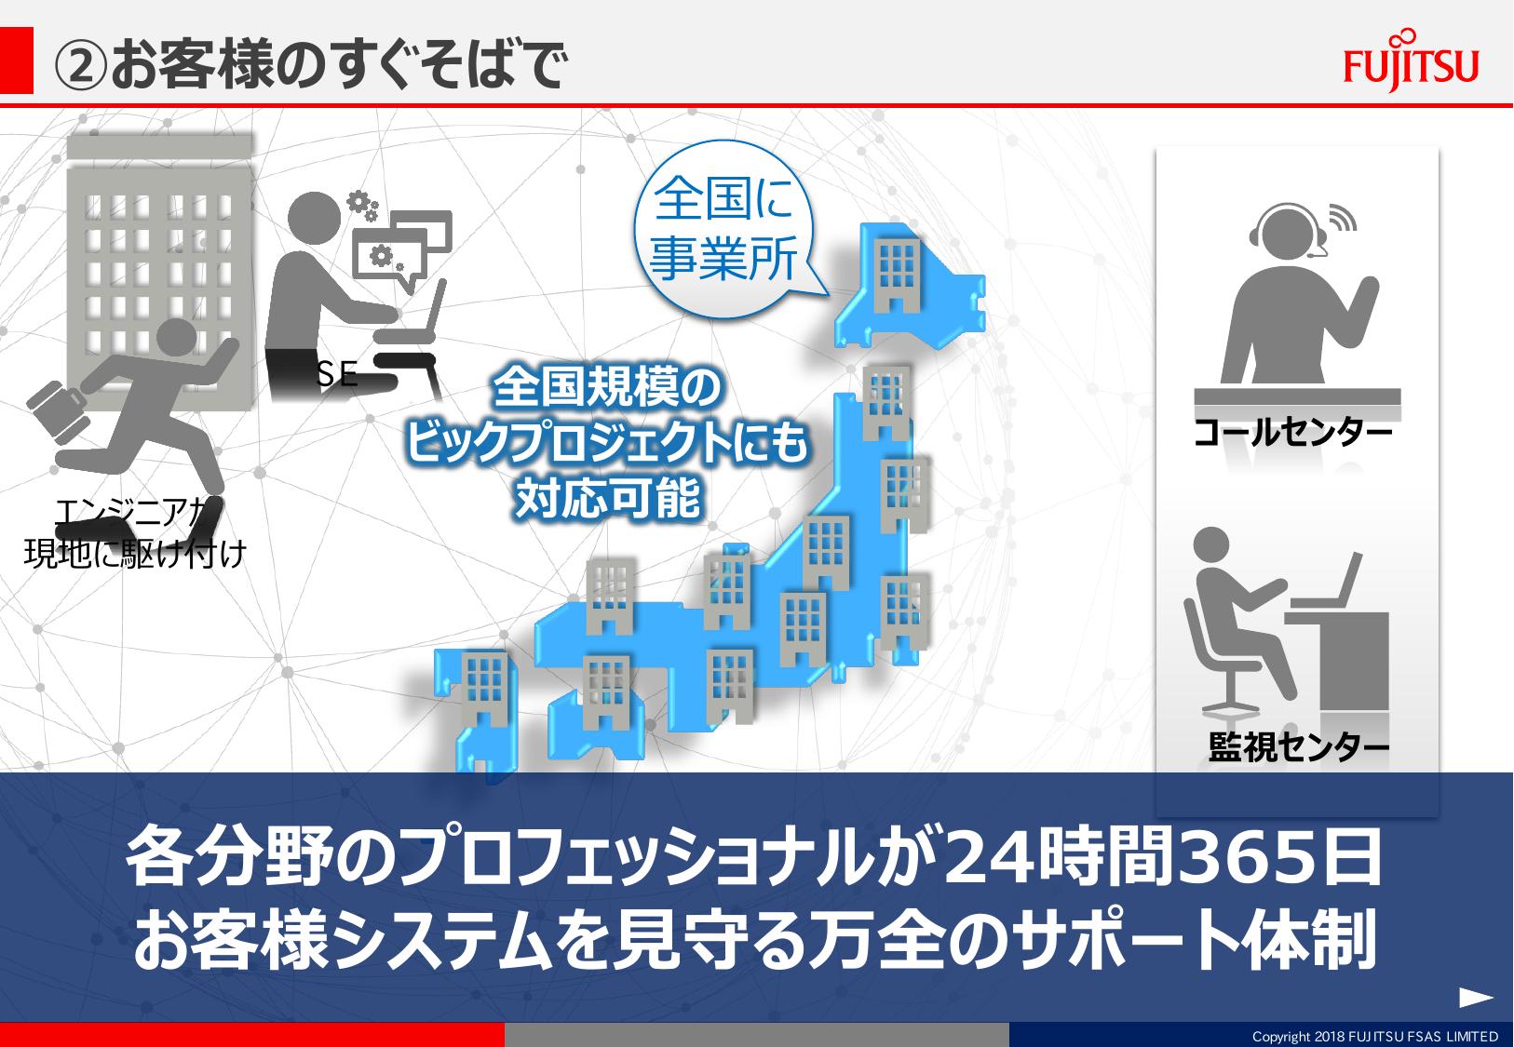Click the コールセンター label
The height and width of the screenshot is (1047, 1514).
tap(1292, 433)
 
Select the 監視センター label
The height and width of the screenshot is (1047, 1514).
tap(1298, 747)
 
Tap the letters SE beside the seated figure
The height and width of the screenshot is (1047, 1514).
tap(336, 373)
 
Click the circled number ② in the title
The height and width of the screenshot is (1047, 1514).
tap(80, 66)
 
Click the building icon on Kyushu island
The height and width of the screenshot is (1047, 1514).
tap(484, 688)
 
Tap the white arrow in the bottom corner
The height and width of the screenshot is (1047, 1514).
tap(1476, 997)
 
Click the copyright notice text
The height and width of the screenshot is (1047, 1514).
tap(1374, 1036)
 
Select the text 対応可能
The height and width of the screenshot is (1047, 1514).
tap(607, 498)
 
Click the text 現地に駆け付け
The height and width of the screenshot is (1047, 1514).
tap(135, 553)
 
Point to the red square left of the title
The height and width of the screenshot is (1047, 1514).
tap(16, 60)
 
